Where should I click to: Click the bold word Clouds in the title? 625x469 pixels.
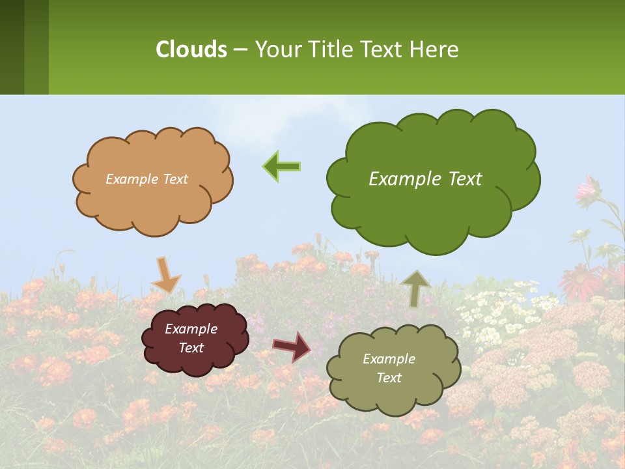191,49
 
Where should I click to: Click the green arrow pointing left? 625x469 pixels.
282,166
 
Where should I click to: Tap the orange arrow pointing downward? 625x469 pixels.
165,274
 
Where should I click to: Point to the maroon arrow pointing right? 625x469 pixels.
291,346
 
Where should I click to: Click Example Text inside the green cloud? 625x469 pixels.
425,178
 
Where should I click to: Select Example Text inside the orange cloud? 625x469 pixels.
146,178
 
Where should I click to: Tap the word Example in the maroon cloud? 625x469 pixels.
191,329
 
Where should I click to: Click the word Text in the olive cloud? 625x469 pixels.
389,378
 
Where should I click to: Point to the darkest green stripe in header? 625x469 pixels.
12,47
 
